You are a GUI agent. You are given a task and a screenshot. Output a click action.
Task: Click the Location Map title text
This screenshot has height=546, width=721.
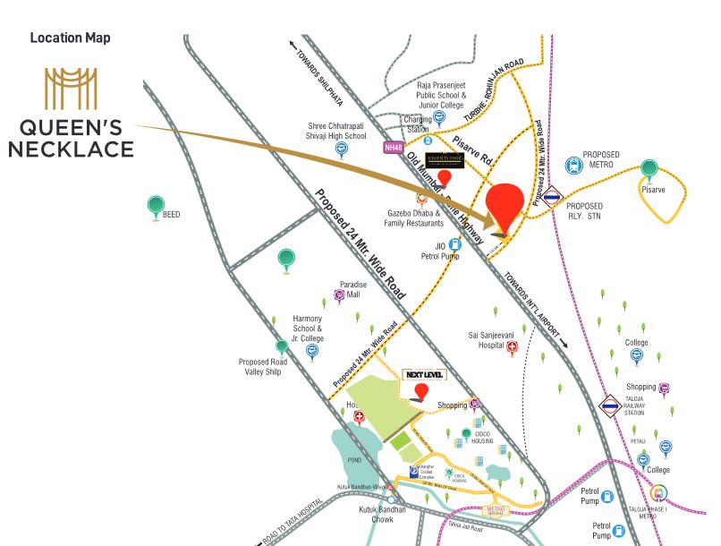click(70, 38)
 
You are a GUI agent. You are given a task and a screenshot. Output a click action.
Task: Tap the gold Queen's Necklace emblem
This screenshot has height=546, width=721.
click(71, 88)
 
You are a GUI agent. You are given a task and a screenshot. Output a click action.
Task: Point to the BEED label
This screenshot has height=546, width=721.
click(171, 215)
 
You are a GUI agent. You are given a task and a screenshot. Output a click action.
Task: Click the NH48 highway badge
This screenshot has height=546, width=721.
click(394, 147)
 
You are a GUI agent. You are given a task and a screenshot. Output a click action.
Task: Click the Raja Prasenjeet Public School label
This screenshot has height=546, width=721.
click(441, 93)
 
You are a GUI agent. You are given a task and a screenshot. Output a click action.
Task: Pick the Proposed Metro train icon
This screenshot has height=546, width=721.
click(573, 166)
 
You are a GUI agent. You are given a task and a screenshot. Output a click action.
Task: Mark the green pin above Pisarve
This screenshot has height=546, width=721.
click(649, 169)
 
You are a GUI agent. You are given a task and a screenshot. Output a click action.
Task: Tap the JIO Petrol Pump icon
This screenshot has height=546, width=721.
click(454, 244)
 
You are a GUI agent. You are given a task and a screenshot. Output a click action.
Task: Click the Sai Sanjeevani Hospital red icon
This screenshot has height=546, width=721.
click(513, 352)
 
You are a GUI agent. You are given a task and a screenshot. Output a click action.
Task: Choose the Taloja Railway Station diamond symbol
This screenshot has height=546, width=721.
click(610, 406)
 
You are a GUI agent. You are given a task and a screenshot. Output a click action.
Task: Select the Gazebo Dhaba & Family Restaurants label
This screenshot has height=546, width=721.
click(414, 218)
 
